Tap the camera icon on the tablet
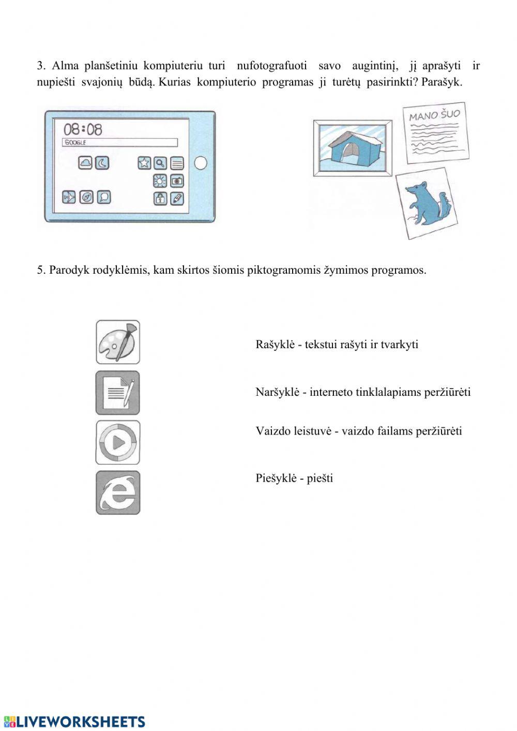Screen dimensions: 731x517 [x=177, y=181]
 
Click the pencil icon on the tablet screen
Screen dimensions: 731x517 [x=177, y=198]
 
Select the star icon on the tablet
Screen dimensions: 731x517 [x=144, y=163]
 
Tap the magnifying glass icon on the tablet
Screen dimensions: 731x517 [x=161, y=163]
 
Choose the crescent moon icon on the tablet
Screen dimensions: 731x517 [x=102, y=163]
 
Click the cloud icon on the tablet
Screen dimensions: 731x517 [x=86, y=163]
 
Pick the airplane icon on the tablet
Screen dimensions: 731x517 [x=69, y=197]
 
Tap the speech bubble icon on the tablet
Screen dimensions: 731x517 [x=104, y=197]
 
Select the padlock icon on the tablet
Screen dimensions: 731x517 [x=160, y=198]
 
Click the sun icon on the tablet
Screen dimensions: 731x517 [x=160, y=181]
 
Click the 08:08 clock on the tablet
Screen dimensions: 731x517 [x=83, y=129]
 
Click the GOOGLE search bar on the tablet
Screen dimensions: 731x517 [x=120, y=143]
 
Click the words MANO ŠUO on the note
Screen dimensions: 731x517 [x=434, y=115]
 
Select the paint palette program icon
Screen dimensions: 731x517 [x=118, y=342]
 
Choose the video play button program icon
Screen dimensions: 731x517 [x=118, y=442]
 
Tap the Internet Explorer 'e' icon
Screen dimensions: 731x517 [x=118, y=493]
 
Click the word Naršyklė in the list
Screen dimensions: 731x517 [x=277, y=392]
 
